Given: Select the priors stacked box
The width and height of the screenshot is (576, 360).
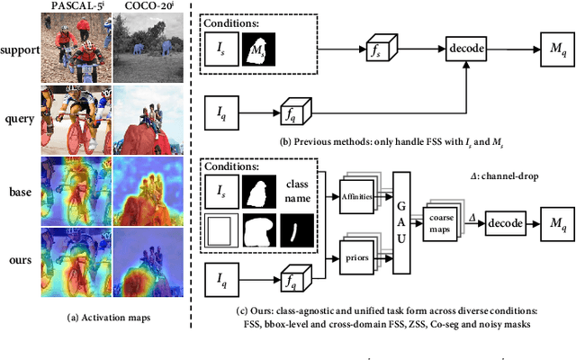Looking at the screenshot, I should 358,255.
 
